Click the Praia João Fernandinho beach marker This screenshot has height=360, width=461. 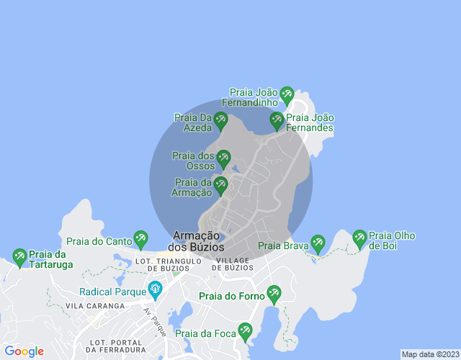(287, 94)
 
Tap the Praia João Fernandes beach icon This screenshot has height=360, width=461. (277, 120)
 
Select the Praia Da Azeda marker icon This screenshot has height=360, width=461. (220, 120)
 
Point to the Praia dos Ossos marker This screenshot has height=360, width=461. (223, 158)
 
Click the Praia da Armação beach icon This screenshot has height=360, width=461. (220, 185)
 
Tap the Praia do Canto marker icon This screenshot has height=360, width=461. (140, 239)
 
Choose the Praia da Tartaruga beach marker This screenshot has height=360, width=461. (19, 256)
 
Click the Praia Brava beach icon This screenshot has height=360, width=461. (318, 243)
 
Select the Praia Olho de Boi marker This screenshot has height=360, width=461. (359, 238)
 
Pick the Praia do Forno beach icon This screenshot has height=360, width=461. (274, 293)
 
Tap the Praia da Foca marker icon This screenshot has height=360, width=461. (245, 331)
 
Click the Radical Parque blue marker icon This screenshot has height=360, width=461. (154, 290)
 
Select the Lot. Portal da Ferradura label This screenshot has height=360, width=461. (115, 345)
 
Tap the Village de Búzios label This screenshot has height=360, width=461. (233, 264)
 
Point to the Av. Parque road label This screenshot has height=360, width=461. (154, 322)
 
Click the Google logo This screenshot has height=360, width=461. (24, 351)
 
